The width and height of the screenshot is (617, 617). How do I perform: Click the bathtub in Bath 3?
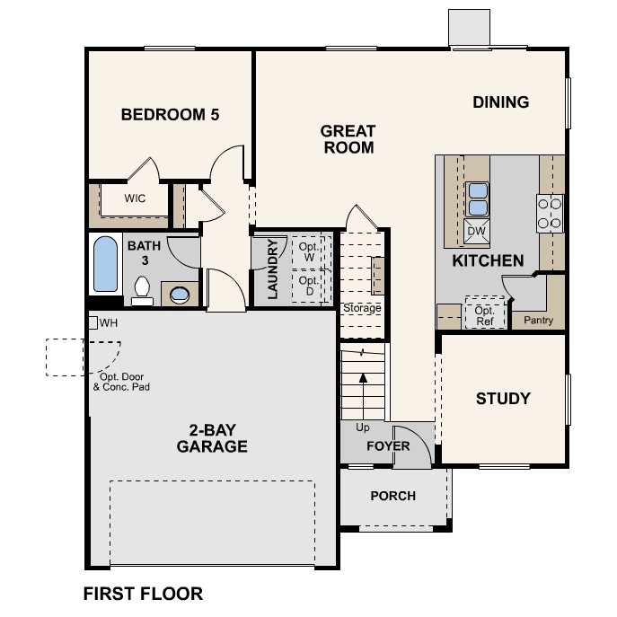coord(105,264)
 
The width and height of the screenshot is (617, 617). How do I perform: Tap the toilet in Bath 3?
coord(142,291)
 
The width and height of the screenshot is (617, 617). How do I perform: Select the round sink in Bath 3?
coord(180,294)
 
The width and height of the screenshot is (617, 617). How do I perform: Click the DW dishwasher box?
coord(477,231)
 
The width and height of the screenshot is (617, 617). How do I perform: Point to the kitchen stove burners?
coord(550,214)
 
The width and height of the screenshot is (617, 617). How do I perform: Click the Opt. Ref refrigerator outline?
coord(485,313)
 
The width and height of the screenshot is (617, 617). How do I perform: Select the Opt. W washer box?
coord(309,252)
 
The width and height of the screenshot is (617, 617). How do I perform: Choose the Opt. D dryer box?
coord(309,286)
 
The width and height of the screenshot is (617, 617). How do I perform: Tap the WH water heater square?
coord(93,323)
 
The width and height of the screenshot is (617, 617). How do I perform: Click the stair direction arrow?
coord(363,396)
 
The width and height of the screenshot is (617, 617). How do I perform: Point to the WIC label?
coord(135,198)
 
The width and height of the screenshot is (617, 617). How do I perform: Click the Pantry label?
coord(538,321)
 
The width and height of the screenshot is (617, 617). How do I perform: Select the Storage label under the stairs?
coord(362,308)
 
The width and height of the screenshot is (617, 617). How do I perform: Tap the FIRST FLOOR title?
coord(143,594)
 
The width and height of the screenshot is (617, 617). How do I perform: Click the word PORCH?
coord(393,496)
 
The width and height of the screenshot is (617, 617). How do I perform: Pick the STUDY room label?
coord(503,399)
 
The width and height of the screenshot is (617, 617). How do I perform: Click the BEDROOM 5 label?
coord(170,115)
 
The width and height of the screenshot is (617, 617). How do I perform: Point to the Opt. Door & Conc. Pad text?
coord(121,382)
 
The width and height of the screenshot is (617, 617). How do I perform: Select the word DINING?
coord(501,102)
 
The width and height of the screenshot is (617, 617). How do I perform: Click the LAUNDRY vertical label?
coord(273,269)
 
